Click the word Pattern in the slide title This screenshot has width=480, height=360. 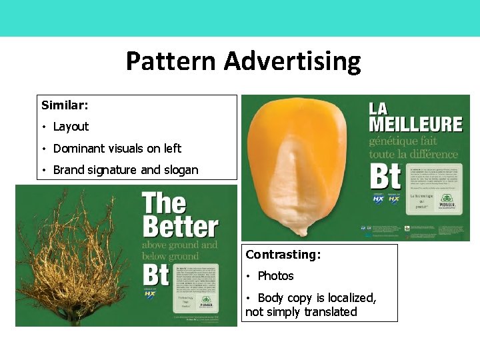point(171,62)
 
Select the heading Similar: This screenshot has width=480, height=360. point(65,105)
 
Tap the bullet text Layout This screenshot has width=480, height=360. point(71,127)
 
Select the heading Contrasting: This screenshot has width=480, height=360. point(283,255)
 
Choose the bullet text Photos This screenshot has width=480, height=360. point(275,276)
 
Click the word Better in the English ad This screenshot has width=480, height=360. point(180,227)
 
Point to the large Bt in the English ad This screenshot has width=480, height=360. point(157,275)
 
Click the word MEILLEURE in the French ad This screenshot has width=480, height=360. point(415,124)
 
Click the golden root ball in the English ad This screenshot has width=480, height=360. point(73,260)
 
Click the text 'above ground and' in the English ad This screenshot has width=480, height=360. point(180,245)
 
